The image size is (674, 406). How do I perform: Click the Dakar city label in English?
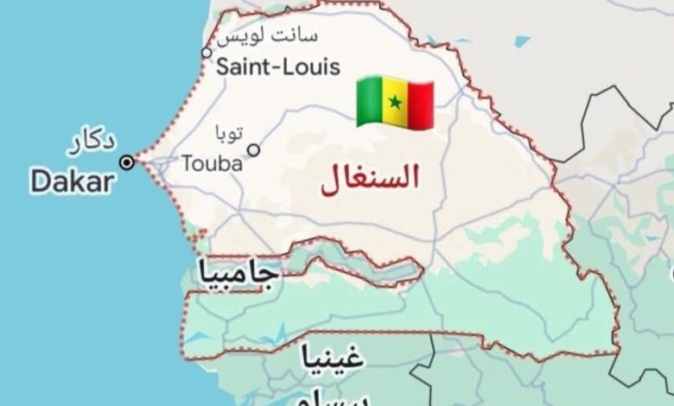pyautogui.click(x=72, y=182)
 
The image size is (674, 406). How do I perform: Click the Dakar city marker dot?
pyautogui.click(x=127, y=162)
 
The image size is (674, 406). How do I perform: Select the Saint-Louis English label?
pyautogui.click(x=278, y=67)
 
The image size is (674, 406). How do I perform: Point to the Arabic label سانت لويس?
pyautogui.click(x=269, y=36)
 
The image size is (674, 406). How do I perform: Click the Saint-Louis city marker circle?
pyautogui.click(x=207, y=53)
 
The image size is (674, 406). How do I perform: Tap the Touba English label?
pyautogui.click(x=212, y=162)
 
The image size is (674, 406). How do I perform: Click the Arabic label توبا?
pyautogui.click(x=229, y=132)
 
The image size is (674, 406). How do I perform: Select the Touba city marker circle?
pyautogui.click(x=253, y=150)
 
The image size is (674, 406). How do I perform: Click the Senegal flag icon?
pyautogui.click(x=395, y=102)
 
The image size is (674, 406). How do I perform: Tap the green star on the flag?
pyautogui.click(x=395, y=103)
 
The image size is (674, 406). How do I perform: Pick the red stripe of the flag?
pyautogui.click(x=421, y=104)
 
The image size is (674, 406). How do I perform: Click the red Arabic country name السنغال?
pyautogui.click(x=370, y=178)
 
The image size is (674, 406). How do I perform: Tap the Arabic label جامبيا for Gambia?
pyautogui.click(x=238, y=273)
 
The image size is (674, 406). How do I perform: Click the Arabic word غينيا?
pyautogui.click(x=332, y=356)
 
